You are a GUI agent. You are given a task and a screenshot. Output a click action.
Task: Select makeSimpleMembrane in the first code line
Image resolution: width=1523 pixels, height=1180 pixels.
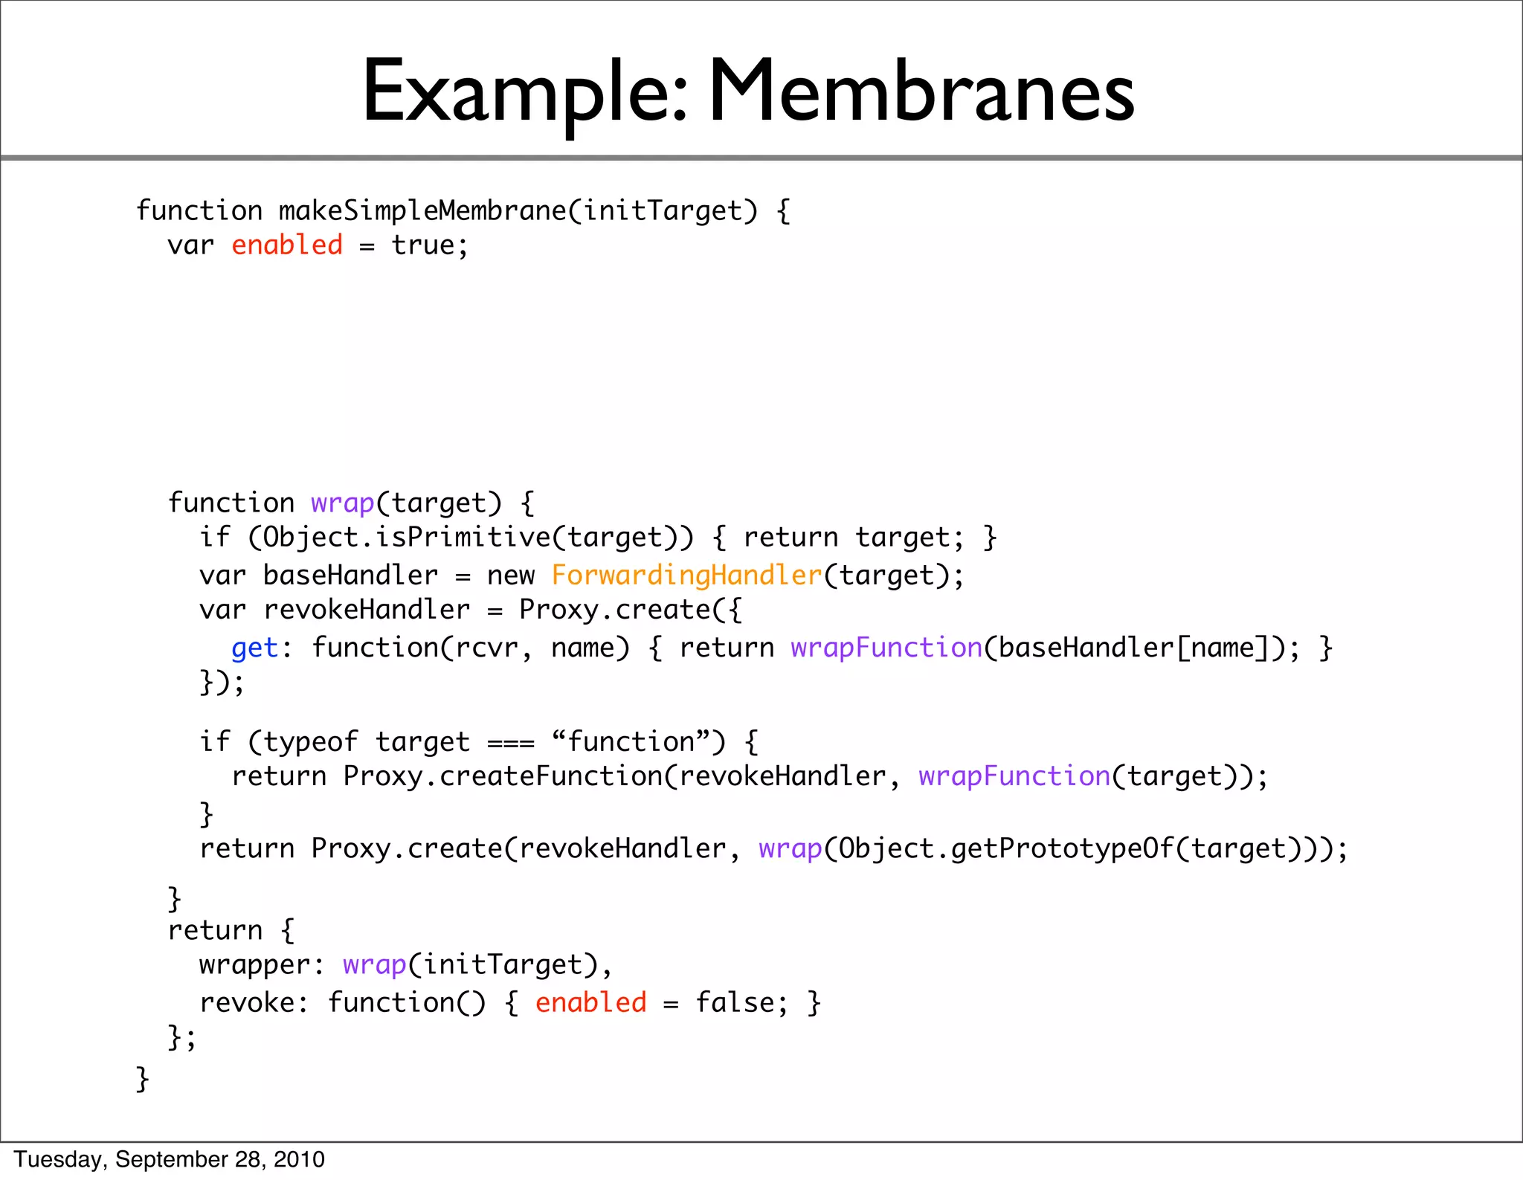pyautogui.click(x=422, y=211)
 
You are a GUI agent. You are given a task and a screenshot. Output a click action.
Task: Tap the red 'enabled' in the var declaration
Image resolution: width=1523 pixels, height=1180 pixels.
pyautogui.click(x=287, y=245)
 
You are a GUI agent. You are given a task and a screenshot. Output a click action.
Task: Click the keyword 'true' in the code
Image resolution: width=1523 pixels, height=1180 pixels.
pyautogui.click(x=422, y=245)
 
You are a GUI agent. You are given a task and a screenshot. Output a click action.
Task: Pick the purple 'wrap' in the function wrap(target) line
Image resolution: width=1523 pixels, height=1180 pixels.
pyautogui.click(x=343, y=503)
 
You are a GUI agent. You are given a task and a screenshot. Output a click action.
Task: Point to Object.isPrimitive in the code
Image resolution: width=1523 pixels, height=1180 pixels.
pyautogui.click(x=406, y=538)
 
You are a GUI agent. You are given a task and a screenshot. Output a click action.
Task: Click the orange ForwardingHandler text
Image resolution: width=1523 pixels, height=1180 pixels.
pyautogui.click(x=686, y=576)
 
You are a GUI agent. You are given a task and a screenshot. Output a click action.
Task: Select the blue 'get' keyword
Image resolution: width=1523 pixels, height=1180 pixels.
pyautogui.click(x=254, y=648)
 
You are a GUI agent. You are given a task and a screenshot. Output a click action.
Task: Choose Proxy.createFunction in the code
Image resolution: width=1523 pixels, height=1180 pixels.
pyautogui.click(x=503, y=776)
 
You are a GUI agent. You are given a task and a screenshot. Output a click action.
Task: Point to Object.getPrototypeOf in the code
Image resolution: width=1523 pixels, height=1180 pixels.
pyautogui.click(x=1007, y=849)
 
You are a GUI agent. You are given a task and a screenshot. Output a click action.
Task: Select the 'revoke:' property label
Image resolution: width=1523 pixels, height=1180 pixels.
pyautogui.click(x=254, y=1003)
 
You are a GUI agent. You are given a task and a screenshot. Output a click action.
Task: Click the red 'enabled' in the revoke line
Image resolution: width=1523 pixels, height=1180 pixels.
pyautogui.click(x=590, y=1003)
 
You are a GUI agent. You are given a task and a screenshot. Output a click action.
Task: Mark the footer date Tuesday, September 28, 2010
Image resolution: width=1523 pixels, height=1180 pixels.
pyautogui.click(x=170, y=1160)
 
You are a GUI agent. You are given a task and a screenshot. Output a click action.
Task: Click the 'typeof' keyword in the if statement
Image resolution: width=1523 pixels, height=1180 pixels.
pyautogui.click(x=310, y=742)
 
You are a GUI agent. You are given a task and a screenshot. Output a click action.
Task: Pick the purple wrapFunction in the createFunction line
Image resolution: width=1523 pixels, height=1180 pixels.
pyautogui.click(x=1014, y=776)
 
